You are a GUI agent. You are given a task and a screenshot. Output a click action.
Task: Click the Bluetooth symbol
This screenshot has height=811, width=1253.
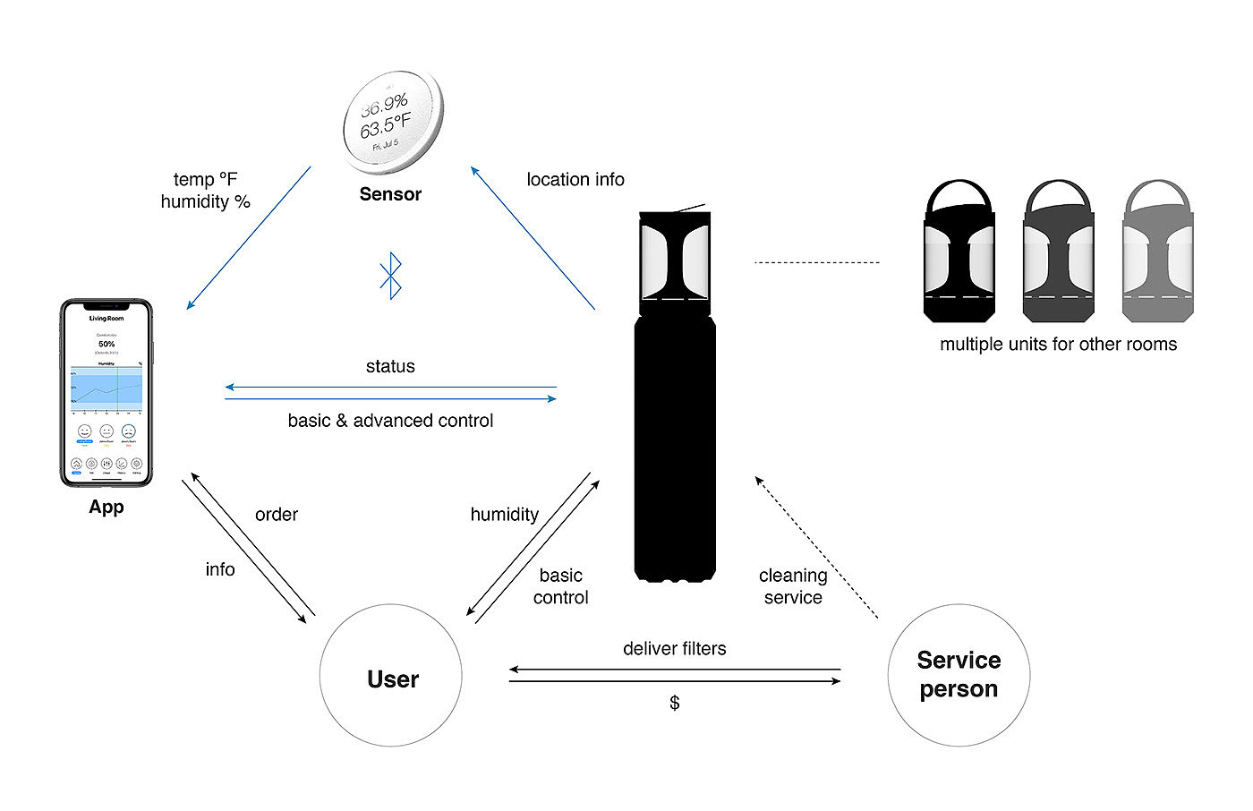(391, 276)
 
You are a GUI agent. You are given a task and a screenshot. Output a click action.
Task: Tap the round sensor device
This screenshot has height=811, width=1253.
(392, 123)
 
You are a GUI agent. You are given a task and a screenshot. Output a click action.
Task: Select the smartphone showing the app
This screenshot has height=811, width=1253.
(107, 393)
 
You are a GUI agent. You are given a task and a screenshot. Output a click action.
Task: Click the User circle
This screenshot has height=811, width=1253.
(391, 676)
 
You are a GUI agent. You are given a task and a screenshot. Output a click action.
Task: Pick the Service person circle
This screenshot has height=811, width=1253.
(959, 675)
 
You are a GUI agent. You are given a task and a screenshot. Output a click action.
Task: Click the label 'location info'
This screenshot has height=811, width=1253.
(575, 180)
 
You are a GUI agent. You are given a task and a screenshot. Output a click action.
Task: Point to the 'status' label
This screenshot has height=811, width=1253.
(390, 367)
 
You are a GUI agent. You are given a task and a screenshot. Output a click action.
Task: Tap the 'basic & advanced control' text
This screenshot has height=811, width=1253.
(390, 421)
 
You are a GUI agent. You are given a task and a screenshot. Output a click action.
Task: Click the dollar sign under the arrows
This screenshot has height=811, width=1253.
(675, 703)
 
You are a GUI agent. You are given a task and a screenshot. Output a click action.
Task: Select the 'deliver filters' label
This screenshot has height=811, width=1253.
(675, 649)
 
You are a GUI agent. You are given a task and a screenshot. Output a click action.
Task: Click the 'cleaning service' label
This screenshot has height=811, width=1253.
(793, 586)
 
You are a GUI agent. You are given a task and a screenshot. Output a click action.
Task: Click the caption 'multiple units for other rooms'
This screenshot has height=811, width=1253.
(1058, 345)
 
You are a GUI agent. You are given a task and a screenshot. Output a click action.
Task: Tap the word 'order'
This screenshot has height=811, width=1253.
(277, 515)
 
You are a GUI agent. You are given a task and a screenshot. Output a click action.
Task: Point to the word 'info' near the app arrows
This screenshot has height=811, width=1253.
(220, 569)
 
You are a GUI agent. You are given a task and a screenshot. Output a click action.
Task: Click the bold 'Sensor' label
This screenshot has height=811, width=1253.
(390, 194)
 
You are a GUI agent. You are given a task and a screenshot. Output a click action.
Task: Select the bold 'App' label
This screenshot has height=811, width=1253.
(107, 507)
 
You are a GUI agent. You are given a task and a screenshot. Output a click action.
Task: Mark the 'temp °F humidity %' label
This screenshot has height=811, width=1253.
(205, 191)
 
